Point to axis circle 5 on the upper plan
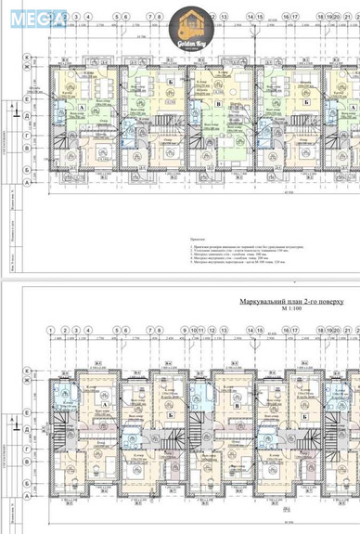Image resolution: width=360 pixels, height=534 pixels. click(x=118, y=17)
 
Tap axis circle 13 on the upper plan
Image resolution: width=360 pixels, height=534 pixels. click(x=225, y=17)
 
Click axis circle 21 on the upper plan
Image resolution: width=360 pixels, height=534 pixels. click(x=348, y=17)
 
